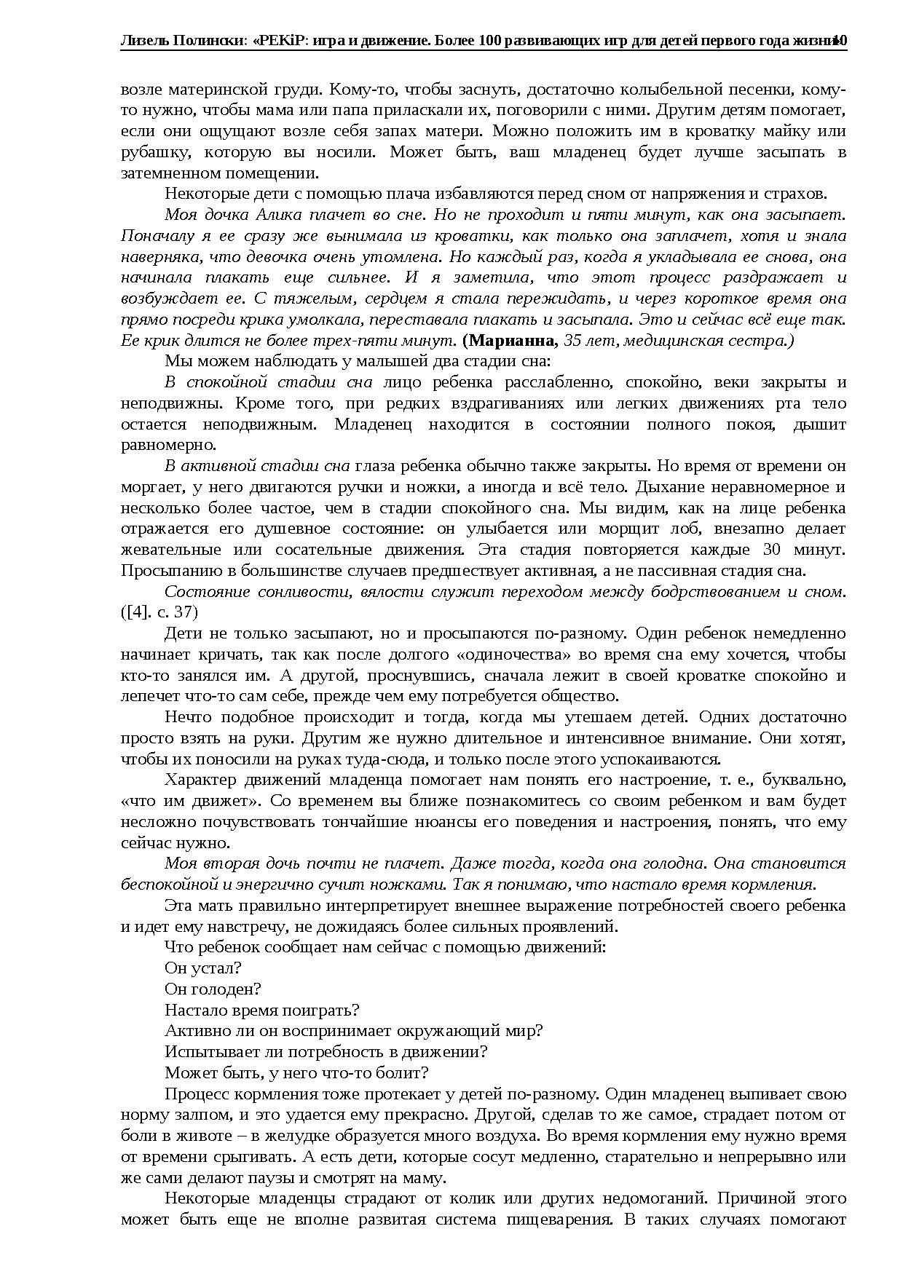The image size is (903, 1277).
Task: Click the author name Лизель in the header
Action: click(x=143, y=41)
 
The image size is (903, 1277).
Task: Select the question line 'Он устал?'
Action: click(x=203, y=968)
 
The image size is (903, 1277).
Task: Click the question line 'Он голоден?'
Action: click(x=213, y=989)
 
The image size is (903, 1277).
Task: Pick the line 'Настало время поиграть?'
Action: click(x=262, y=1011)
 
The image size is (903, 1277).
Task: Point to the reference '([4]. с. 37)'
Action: click(x=159, y=612)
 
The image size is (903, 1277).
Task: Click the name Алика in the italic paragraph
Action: click(x=278, y=215)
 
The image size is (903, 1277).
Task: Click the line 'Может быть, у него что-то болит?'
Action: click(x=296, y=1073)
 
